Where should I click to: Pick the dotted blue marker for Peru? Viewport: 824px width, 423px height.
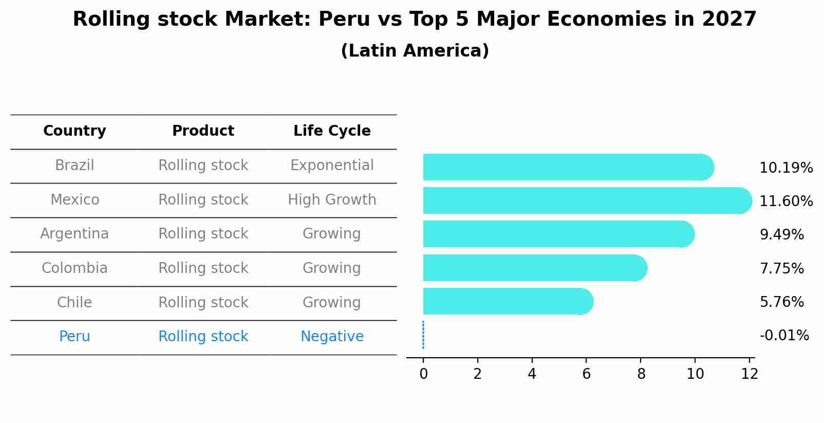point(423,335)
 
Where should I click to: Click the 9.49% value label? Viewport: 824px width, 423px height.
point(781,235)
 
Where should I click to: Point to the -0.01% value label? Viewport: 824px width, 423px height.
point(784,336)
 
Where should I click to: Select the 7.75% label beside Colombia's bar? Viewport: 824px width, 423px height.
point(781,268)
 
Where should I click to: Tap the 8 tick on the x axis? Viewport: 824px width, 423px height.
point(641,374)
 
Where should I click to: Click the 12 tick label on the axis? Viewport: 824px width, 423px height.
point(750,374)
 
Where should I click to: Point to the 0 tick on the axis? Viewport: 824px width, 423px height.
point(423,374)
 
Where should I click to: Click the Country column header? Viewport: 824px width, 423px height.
point(74,131)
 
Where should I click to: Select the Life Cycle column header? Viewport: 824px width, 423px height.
point(332,131)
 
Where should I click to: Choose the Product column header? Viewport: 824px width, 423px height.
point(203,131)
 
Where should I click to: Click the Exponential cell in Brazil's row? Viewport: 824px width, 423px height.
point(332,165)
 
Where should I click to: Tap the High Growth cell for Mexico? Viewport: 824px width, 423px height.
point(332,200)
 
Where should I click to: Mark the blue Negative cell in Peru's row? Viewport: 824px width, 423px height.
point(332,337)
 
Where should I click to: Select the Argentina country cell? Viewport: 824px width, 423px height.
point(74,234)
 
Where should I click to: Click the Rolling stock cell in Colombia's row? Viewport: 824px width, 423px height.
point(203,268)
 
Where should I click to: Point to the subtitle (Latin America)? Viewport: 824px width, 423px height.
point(415,51)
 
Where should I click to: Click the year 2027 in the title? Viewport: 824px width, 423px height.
point(729,20)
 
